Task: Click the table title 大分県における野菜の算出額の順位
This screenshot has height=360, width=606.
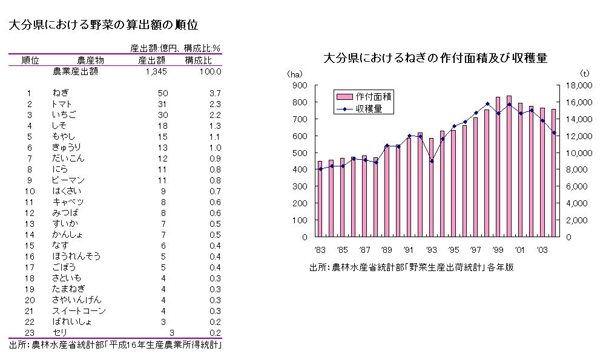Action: click(104, 25)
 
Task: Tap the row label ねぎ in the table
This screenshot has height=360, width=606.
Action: click(61, 93)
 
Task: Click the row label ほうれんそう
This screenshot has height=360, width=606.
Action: click(76, 257)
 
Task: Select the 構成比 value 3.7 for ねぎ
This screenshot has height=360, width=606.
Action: click(215, 93)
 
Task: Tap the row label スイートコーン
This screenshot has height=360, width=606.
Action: click(79, 311)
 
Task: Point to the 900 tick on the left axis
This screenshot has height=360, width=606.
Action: click(300, 86)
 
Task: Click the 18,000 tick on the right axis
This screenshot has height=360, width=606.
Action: click(578, 86)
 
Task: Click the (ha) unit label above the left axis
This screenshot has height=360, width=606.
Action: click(294, 73)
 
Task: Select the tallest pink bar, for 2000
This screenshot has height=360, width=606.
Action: click(509, 166)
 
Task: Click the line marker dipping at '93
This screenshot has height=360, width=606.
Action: click(432, 160)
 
